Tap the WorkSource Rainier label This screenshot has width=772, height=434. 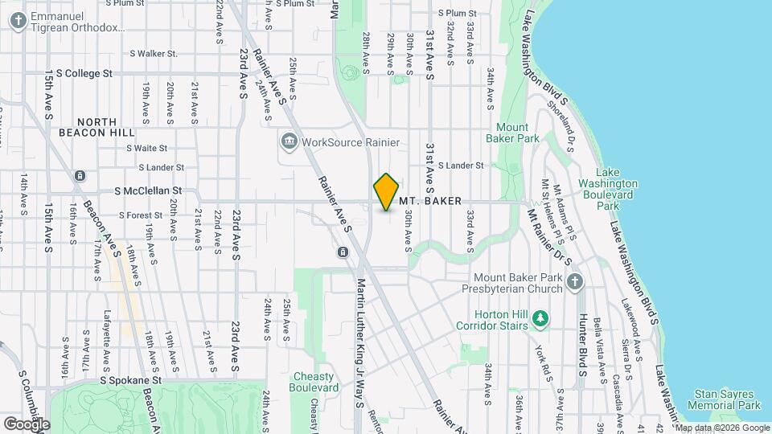pyautogui.click(x=350, y=143)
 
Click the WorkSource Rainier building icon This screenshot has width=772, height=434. pyautogui.click(x=289, y=143)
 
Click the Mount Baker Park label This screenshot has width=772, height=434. pyautogui.click(x=517, y=133)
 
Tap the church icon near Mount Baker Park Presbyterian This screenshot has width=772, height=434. pyautogui.click(x=574, y=281)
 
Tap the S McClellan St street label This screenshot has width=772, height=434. pyautogui.click(x=148, y=191)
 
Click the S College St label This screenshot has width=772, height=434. pyautogui.click(x=79, y=73)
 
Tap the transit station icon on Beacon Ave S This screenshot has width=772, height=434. pyautogui.click(x=80, y=175)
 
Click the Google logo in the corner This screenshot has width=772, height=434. pyautogui.click(x=27, y=424)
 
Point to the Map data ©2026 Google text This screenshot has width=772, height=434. pyautogui.click(x=721, y=428)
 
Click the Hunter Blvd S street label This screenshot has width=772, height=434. pyautogui.click(x=582, y=337)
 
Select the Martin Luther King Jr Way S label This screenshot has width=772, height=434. pyautogui.click(x=361, y=344)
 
